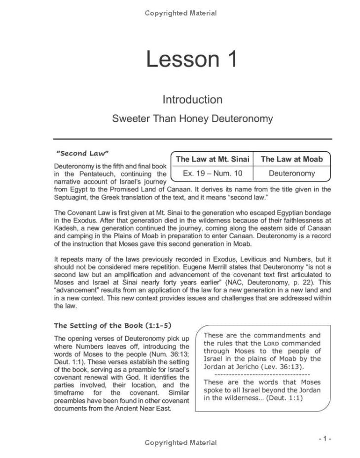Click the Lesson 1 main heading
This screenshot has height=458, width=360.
click(192, 59)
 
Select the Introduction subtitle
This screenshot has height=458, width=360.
click(192, 99)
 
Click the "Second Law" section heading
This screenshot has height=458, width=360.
click(82, 153)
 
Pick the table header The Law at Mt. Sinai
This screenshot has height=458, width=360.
click(212, 159)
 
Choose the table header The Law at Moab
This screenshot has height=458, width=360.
click(291, 159)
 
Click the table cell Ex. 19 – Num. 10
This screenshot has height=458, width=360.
click(212, 173)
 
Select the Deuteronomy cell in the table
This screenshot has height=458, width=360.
click(291, 173)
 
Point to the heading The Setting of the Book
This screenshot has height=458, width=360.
click(112, 325)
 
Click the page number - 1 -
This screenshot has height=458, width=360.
click(324, 438)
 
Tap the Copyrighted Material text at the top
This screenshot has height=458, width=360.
click(180, 13)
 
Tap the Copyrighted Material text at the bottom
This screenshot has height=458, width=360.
click(180, 443)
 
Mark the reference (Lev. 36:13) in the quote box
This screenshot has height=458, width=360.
click(281, 366)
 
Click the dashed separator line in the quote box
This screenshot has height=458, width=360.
click(262, 374)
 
